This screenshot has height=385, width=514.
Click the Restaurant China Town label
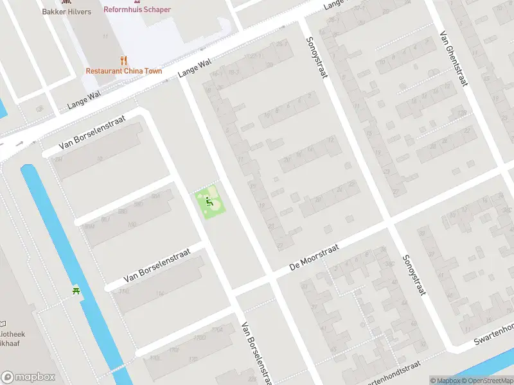pyautogui.click(x=124, y=71)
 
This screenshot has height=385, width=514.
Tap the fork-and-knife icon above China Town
pyautogui.click(x=124, y=60)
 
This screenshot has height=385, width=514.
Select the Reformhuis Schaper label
pyautogui.click(x=137, y=10)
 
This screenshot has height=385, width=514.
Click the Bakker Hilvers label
pyautogui.click(x=66, y=12)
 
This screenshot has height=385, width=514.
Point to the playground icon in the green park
pyautogui.click(x=209, y=203)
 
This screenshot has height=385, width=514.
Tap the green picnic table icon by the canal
pyautogui.click(x=76, y=291)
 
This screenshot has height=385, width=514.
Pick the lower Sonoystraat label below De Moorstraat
pyautogui.click(x=414, y=275)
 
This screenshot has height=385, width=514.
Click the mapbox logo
pyautogui.click(x=28, y=377)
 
